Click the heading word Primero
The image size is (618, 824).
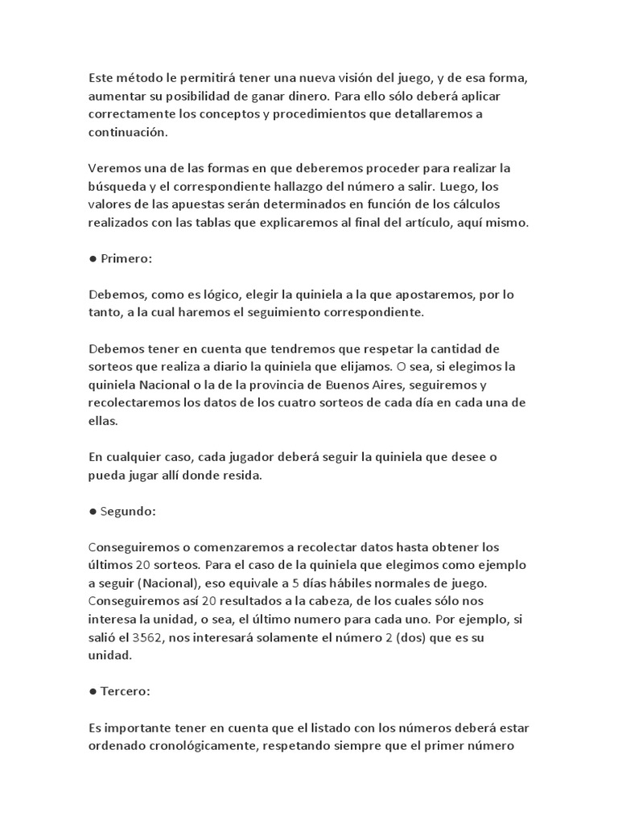126,259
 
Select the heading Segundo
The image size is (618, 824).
130,511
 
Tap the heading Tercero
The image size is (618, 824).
126,691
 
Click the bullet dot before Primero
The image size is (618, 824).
93,259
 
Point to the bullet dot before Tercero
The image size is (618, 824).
93,691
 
